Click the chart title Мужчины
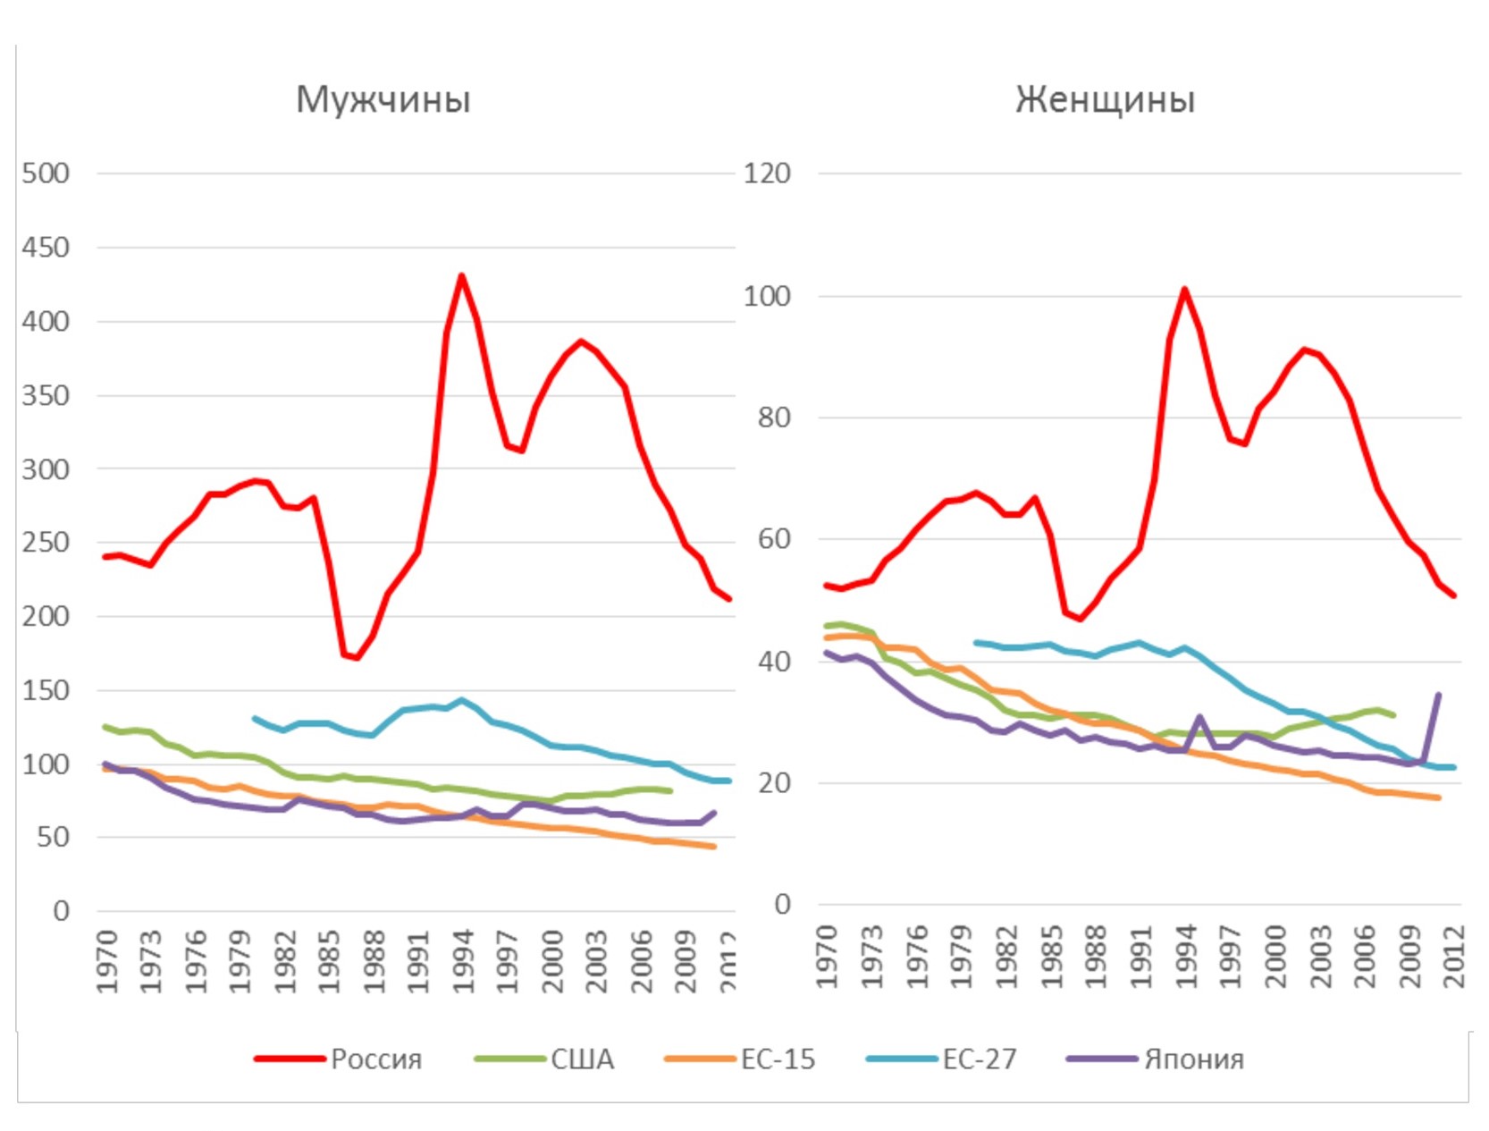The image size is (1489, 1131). click(x=383, y=99)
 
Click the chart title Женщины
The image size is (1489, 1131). click(x=1105, y=99)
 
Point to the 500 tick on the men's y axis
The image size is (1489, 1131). click(x=46, y=173)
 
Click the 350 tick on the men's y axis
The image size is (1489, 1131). click(x=46, y=395)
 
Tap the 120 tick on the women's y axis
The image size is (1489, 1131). click(x=767, y=173)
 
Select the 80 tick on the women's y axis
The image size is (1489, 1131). click(x=774, y=418)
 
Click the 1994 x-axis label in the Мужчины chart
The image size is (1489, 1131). click(x=463, y=961)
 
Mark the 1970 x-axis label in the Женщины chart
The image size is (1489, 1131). click(x=828, y=957)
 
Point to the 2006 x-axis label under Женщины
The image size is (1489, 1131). click(x=1365, y=957)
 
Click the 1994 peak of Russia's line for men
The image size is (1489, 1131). click(x=461, y=275)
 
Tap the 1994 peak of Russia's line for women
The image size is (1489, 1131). click(x=1184, y=289)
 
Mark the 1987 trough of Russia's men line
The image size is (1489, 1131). click(x=357, y=658)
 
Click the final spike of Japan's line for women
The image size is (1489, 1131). click(x=1438, y=695)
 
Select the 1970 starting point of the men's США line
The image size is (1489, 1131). click(x=105, y=727)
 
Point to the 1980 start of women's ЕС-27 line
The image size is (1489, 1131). click(x=976, y=642)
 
